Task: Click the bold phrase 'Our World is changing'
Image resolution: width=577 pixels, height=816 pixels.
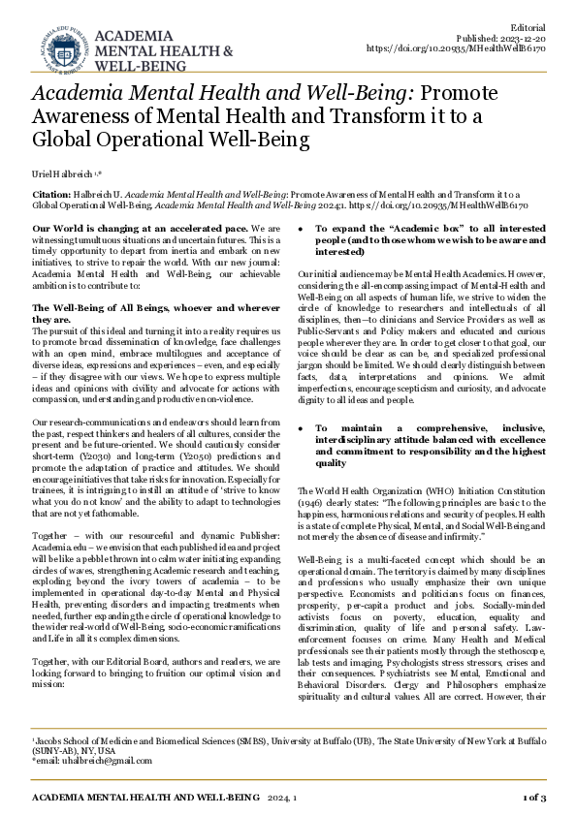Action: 92,226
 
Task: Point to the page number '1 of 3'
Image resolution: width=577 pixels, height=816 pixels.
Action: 533,798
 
